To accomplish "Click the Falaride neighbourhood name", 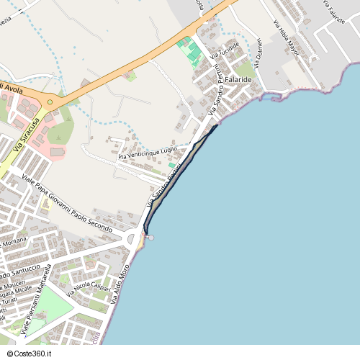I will (x=238, y=79).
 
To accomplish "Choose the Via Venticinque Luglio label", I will (x=147, y=153).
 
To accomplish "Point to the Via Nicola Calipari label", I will (x=89, y=290).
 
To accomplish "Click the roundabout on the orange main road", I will (x=50, y=102).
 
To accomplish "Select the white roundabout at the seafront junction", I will (x=133, y=238).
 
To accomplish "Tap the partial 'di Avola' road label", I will (x=12, y=87).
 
